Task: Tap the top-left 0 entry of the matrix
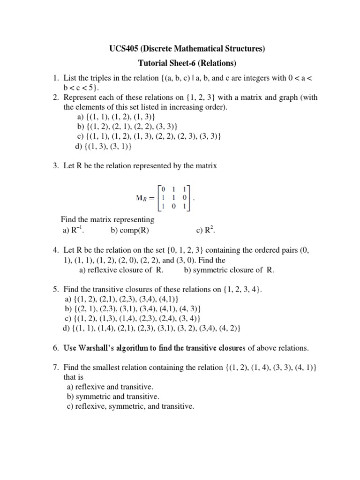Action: point(164,189)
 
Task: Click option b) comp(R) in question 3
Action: point(130,230)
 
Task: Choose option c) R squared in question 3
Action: point(205,230)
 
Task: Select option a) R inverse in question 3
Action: point(75,230)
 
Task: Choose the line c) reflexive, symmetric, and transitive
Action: point(130,406)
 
